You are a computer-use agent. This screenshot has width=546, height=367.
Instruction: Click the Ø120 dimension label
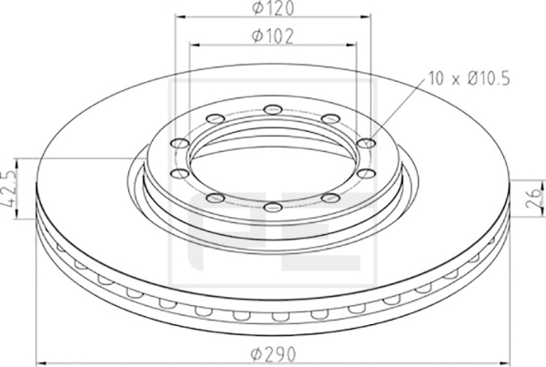273,7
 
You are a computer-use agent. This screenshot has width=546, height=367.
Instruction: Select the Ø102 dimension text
273,36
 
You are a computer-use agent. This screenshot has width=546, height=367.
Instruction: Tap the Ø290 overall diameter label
273,354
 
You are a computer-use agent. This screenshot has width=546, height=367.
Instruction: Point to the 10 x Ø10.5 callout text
469,78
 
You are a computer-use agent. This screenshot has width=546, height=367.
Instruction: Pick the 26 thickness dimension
534,199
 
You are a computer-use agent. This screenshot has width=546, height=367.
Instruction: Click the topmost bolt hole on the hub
273,109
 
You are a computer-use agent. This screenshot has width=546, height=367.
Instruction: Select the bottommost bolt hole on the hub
273,207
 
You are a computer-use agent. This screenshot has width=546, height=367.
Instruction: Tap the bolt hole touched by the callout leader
367,143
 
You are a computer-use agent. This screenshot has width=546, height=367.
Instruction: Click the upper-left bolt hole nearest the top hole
215,118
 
